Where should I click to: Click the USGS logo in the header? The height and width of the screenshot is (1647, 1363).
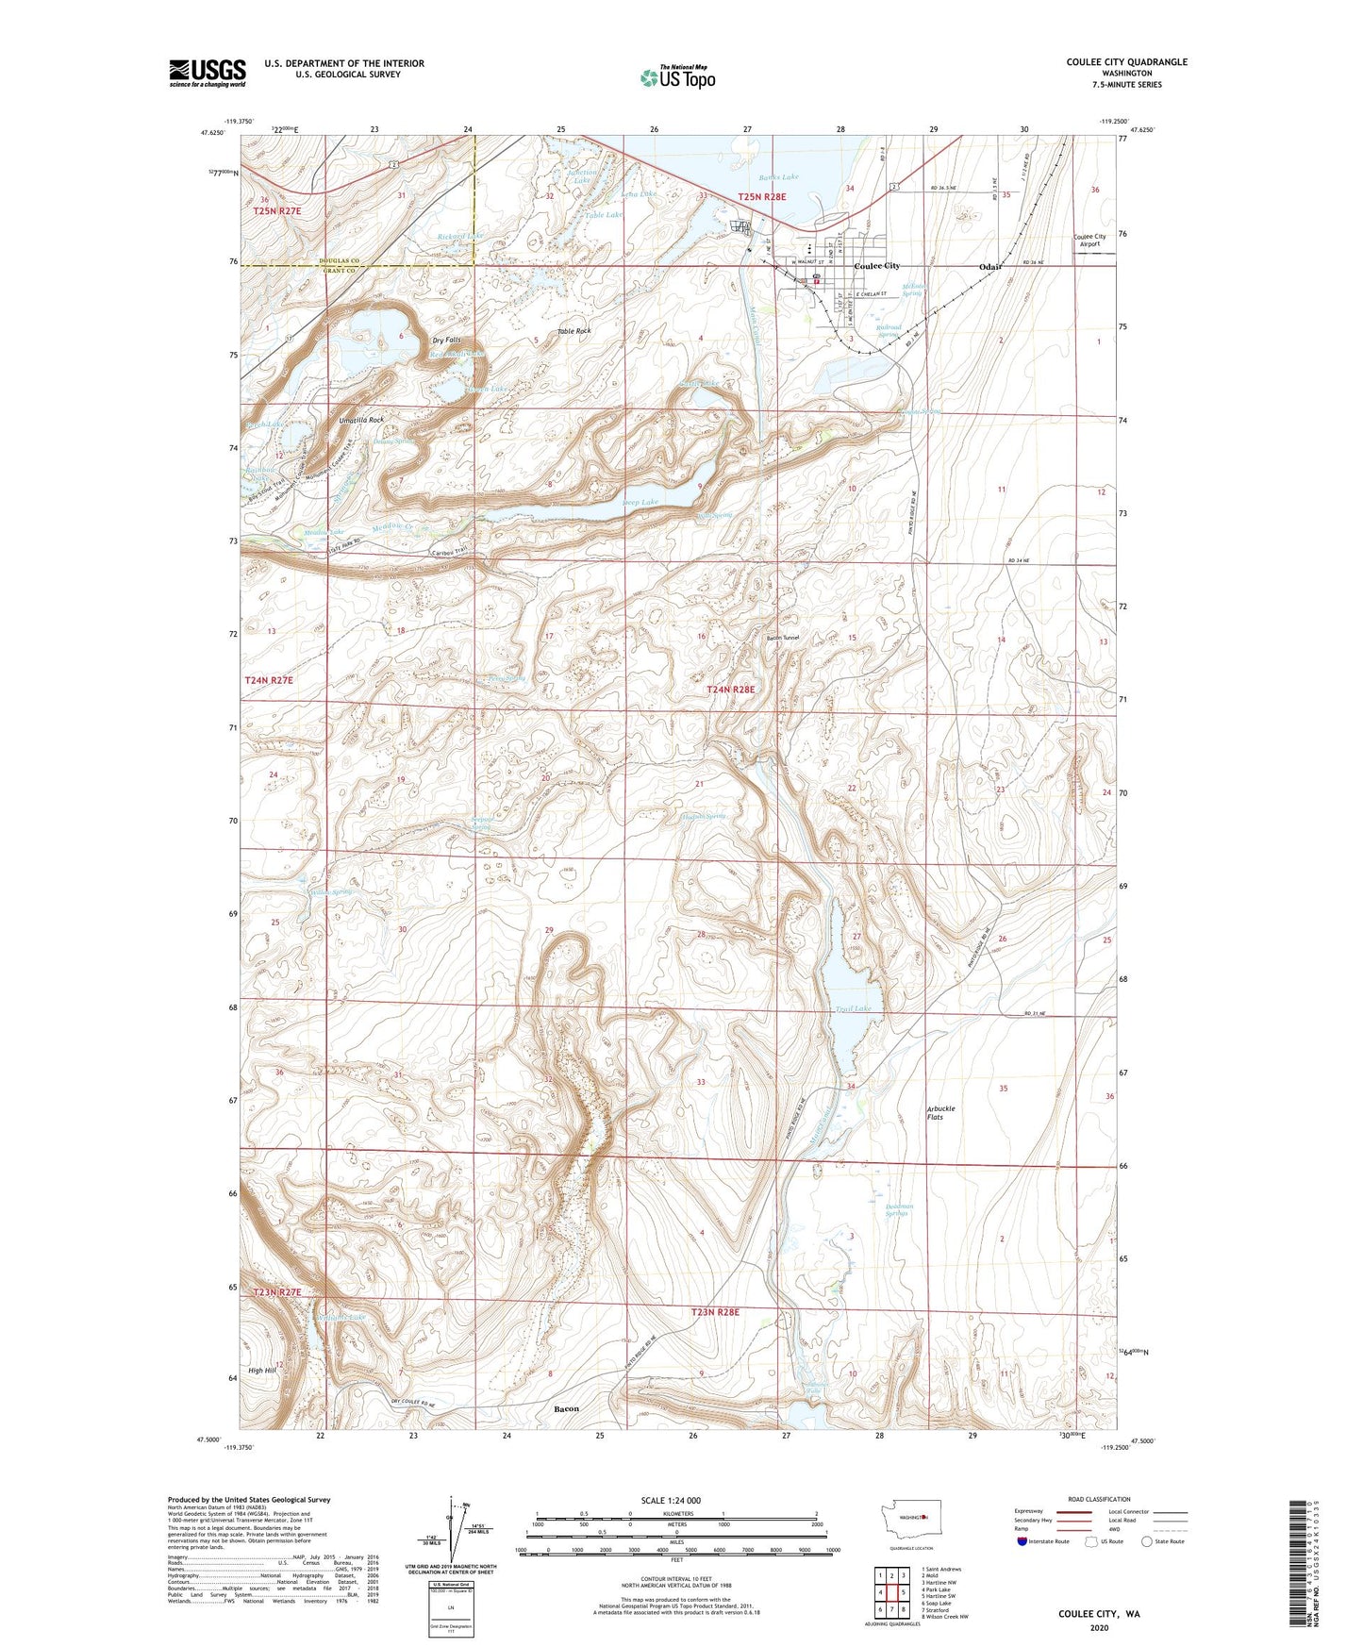coord(208,73)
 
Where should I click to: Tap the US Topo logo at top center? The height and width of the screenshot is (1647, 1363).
coord(677,77)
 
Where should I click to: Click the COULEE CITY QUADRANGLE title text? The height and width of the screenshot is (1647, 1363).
coord(1126,62)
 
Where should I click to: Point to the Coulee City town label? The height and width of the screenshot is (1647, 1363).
coord(876,266)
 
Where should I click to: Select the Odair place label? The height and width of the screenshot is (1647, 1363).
coord(989,267)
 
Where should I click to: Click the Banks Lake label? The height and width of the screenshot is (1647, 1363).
coord(778,177)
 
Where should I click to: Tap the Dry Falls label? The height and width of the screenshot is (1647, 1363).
coord(446,340)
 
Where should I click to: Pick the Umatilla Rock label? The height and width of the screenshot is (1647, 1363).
coord(355,420)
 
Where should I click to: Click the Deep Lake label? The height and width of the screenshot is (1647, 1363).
coord(640,503)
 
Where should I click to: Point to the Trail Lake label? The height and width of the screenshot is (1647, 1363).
coord(853,1009)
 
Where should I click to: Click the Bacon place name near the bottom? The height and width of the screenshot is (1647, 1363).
coord(566,1409)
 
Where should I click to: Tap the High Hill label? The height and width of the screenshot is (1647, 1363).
coord(262,1371)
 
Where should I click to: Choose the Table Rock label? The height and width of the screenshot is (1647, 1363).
coord(573,331)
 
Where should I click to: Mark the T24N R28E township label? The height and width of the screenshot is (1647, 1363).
coord(731,690)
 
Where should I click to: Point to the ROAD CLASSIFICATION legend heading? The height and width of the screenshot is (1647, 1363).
coord(1099,1499)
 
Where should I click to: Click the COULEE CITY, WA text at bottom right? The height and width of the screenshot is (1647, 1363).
coord(1098,1614)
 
